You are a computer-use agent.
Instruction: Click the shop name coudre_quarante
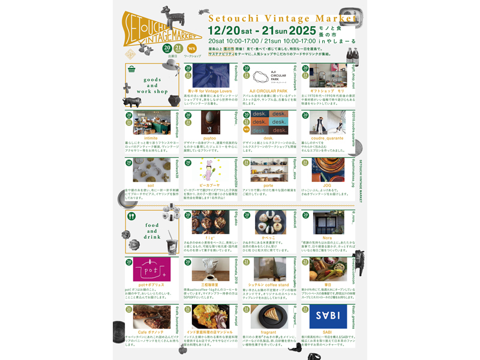click(328, 137)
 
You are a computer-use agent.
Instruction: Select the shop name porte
click(268, 185)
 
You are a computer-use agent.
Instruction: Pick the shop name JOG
click(328, 185)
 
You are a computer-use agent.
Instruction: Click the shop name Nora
click(328, 238)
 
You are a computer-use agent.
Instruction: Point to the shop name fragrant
click(268, 332)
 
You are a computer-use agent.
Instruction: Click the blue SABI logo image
click(328, 316)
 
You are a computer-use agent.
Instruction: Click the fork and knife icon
click(132, 216)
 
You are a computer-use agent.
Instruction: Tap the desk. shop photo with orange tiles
click(268, 122)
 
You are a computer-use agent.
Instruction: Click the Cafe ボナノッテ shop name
click(151, 332)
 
